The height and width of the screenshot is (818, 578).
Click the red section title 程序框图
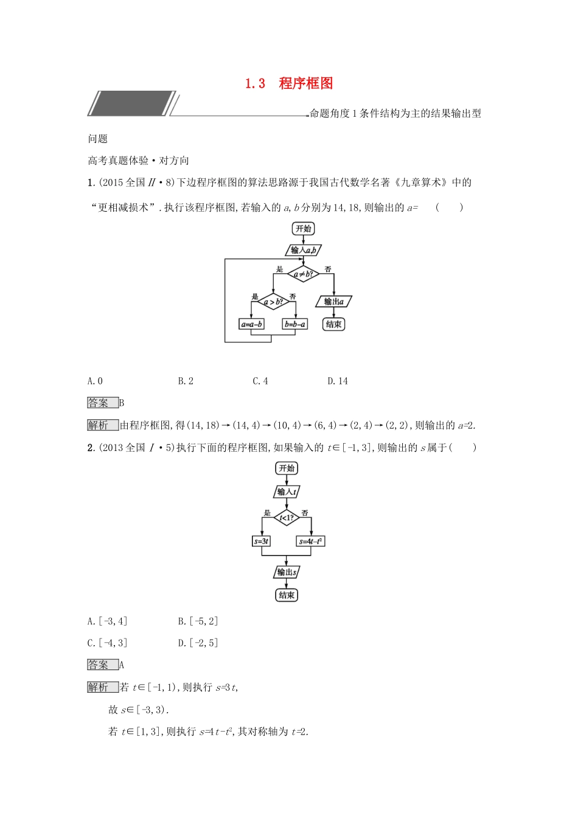(305, 83)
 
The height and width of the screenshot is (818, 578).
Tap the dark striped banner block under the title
(131, 103)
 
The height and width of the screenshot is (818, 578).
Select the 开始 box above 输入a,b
(303, 229)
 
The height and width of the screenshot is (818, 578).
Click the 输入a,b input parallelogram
(303, 250)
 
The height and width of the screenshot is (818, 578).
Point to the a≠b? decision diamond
(303, 274)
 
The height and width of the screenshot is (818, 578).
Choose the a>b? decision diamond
(272, 301)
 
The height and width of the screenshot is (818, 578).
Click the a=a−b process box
(251, 324)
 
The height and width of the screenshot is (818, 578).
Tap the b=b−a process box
(295, 324)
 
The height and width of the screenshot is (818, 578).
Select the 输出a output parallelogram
(333, 301)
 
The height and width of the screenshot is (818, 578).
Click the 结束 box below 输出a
(333, 324)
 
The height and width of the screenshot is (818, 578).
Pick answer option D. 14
(338, 381)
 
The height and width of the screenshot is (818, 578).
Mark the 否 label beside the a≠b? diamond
(327, 269)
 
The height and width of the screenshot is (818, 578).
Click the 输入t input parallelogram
(286, 492)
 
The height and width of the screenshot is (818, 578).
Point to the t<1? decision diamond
(286, 518)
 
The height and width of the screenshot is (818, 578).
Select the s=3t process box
(261, 541)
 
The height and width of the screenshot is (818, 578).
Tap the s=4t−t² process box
(311, 541)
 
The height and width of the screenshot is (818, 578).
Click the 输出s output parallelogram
(286, 572)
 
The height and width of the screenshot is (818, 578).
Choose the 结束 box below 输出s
(286, 595)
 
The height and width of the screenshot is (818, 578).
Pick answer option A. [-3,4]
(107, 621)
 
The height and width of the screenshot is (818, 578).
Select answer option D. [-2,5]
(198, 643)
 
